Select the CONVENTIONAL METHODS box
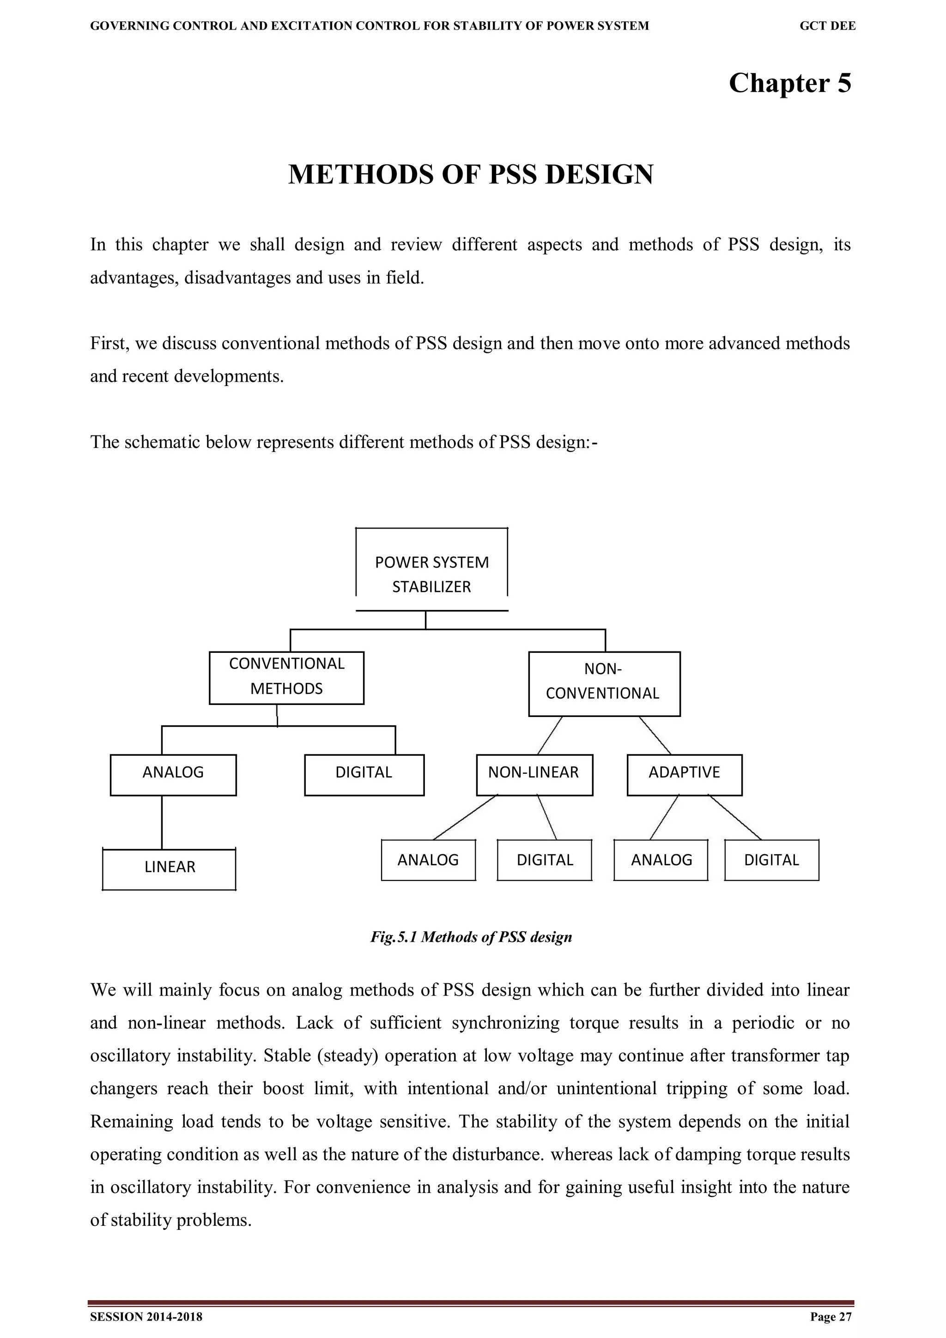[x=286, y=677]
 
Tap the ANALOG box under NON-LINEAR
[x=428, y=860]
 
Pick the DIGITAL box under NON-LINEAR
[x=545, y=860]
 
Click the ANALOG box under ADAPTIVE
[x=661, y=860]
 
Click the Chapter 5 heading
[x=789, y=83]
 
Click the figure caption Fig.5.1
[x=471, y=937]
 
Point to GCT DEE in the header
[x=827, y=26]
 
